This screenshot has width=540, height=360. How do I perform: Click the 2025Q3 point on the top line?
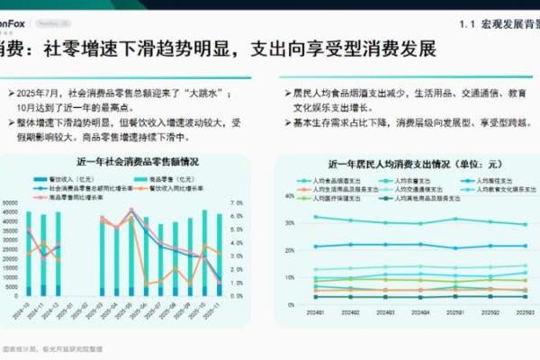[526, 225]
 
